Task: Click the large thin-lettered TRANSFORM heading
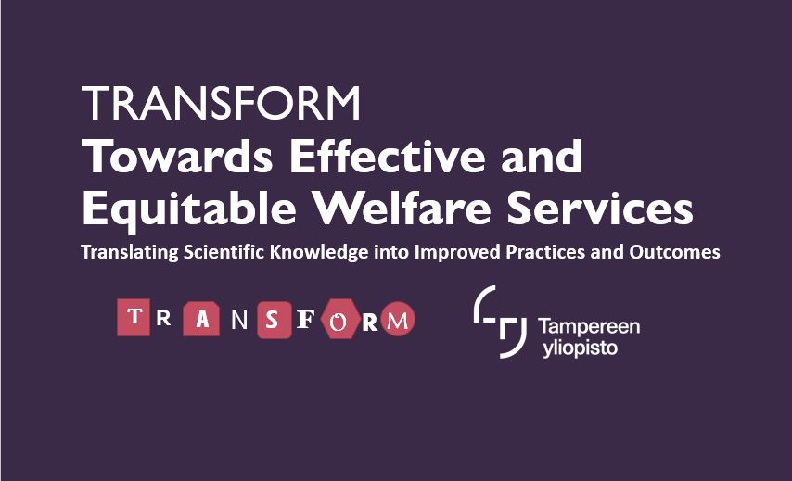222,103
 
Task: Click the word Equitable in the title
189,209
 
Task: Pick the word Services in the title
600,208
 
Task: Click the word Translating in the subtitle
130,252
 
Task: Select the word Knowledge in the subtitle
319,252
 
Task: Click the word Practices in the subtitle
545,251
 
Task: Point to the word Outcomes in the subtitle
674,251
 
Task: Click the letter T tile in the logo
134,318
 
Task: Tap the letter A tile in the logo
201,320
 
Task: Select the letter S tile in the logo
275,320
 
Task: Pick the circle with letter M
398,319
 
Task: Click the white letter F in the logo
305,320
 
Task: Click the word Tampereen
589,326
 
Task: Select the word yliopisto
581,348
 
